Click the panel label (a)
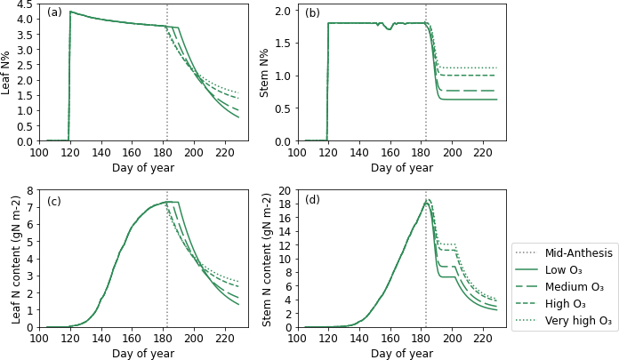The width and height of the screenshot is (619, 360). point(54,12)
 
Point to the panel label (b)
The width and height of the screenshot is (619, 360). point(312,12)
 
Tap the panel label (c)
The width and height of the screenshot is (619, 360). point(54,201)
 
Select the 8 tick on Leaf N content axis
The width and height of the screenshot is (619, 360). point(29,190)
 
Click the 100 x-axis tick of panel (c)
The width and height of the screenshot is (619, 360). point(39,339)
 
